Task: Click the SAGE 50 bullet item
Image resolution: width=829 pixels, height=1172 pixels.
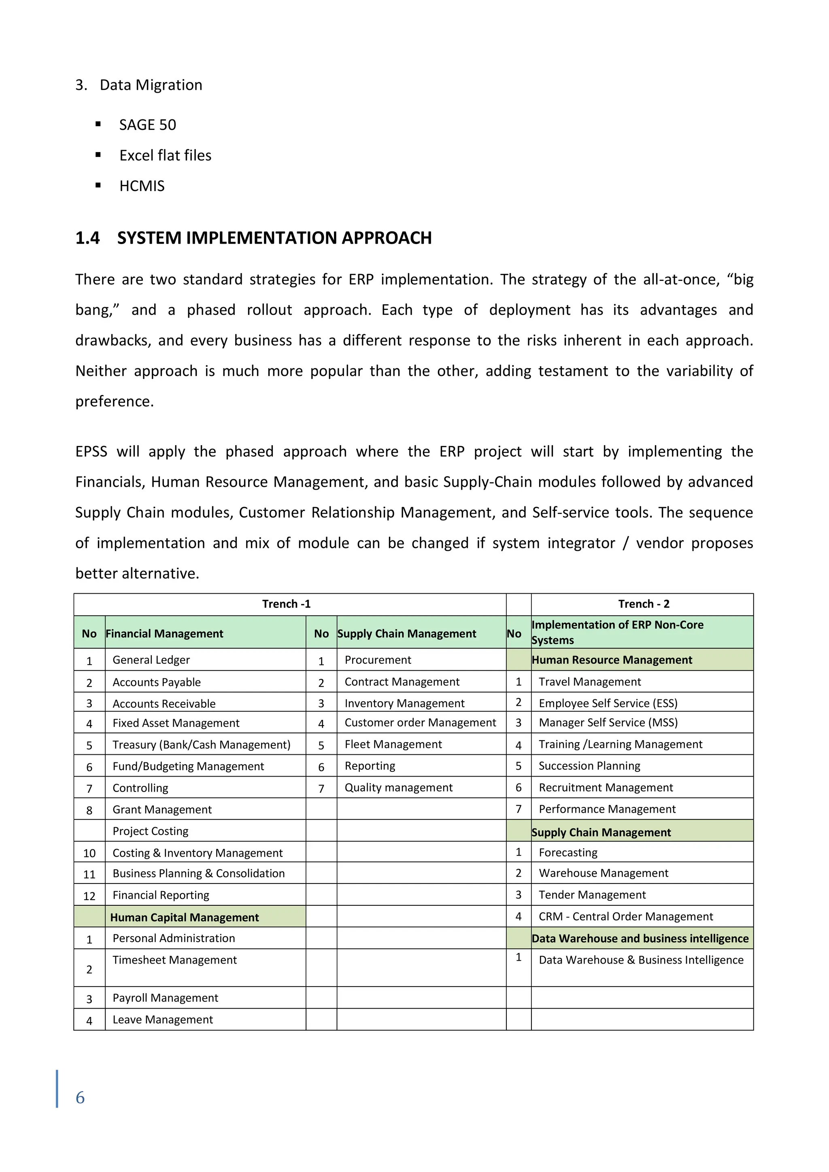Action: [x=147, y=125]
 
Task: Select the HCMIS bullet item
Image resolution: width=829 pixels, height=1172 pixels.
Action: [x=142, y=186]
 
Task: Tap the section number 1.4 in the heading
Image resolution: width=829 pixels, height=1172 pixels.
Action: [x=87, y=238]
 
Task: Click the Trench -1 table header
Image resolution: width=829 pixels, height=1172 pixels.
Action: [x=286, y=604]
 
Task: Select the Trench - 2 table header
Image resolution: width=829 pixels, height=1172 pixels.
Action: [x=644, y=604]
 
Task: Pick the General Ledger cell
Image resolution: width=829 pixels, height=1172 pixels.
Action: [x=151, y=660]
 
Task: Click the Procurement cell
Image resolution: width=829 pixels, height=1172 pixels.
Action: [x=378, y=660]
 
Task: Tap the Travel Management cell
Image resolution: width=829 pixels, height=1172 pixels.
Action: [x=590, y=682]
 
